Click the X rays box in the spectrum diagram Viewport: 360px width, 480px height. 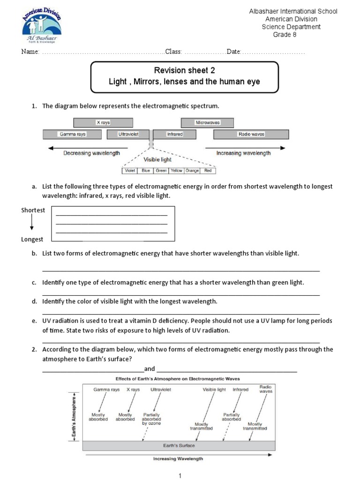103,123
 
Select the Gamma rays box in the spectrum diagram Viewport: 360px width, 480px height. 72,135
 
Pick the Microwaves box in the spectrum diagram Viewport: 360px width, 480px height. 207,123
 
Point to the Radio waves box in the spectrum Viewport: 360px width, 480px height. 251,135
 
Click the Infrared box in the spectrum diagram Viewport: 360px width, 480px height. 174,135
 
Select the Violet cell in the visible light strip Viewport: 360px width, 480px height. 130,171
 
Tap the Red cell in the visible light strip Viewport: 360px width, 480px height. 208,171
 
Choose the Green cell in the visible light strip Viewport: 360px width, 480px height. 161,171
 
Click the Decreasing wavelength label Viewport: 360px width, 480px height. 91,153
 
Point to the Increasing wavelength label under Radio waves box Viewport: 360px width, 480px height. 243,153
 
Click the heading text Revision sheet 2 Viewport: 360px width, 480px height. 185,70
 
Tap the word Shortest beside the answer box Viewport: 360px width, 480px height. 33,210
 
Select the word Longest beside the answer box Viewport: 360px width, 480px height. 32,239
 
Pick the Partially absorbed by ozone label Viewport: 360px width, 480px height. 151,419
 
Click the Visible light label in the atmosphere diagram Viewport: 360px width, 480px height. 214,390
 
